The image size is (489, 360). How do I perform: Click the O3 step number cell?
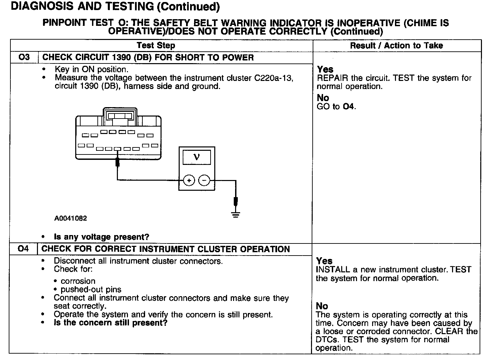click(24, 57)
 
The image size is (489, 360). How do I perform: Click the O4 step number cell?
click(23, 249)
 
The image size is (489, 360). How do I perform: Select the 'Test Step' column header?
click(156, 46)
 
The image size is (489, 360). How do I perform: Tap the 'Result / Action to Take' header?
click(396, 46)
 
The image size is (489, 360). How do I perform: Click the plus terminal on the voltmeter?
click(189, 181)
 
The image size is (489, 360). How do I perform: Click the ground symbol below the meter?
click(236, 214)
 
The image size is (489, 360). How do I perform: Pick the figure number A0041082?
click(71, 218)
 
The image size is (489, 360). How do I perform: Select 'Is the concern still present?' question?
click(110, 323)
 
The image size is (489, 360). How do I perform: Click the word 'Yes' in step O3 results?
click(325, 70)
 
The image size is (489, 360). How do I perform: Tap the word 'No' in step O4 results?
click(322, 306)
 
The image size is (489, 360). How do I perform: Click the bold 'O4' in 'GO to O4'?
click(349, 107)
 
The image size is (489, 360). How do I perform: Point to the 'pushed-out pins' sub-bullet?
click(91, 289)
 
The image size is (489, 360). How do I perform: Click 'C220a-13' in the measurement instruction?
click(274, 78)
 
